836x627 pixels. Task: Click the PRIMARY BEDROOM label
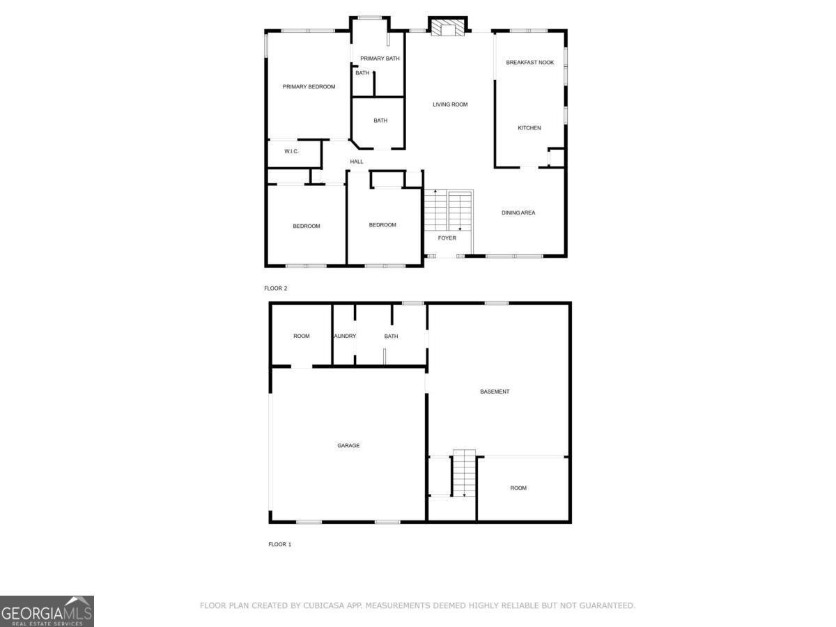(309, 87)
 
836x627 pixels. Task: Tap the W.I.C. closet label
(291, 151)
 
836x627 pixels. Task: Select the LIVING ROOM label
(450, 104)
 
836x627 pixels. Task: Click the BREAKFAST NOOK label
(530, 63)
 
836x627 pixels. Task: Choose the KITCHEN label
(529, 128)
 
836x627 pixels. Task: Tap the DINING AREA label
(518, 212)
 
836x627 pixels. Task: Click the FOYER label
(447, 238)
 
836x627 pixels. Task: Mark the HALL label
(357, 162)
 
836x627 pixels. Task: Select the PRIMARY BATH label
(380, 59)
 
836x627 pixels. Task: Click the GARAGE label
(348, 446)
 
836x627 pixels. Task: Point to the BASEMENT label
(495, 392)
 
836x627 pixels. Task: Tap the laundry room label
(345, 336)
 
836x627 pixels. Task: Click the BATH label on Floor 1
(392, 336)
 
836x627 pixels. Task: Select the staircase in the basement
(464, 473)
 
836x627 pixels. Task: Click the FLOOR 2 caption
(276, 288)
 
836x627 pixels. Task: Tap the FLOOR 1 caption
(279, 544)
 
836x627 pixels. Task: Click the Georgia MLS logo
(47, 611)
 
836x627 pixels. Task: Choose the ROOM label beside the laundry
(302, 336)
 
